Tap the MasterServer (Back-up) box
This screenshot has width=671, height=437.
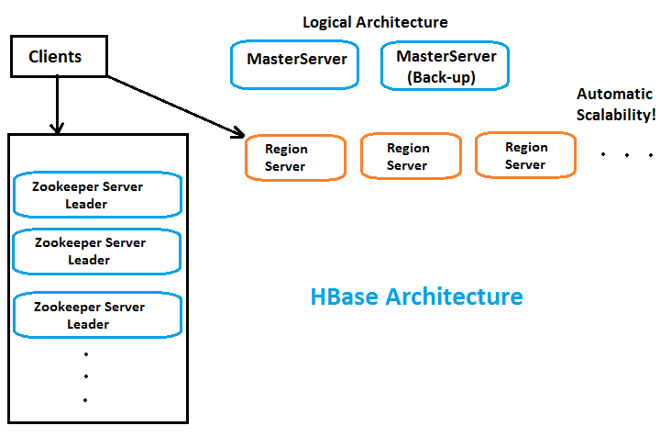[445, 66]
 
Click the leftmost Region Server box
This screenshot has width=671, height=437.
[295, 157]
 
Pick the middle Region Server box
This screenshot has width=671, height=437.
[408, 156]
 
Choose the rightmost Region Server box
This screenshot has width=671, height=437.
[525, 155]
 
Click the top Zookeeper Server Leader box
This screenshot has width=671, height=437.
[98, 195]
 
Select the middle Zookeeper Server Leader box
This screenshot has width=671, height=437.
[98, 251]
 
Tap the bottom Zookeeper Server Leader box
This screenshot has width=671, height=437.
[98, 314]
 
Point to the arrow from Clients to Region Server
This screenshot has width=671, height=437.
[174, 106]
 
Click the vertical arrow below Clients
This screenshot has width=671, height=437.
[57, 104]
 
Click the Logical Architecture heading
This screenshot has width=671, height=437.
[375, 22]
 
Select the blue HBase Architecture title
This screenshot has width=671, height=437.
[416, 297]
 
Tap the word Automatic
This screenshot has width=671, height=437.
[614, 94]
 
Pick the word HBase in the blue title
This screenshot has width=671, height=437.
[345, 297]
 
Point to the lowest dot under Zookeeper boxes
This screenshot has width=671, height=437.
[84, 400]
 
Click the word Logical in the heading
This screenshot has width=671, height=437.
[329, 22]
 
